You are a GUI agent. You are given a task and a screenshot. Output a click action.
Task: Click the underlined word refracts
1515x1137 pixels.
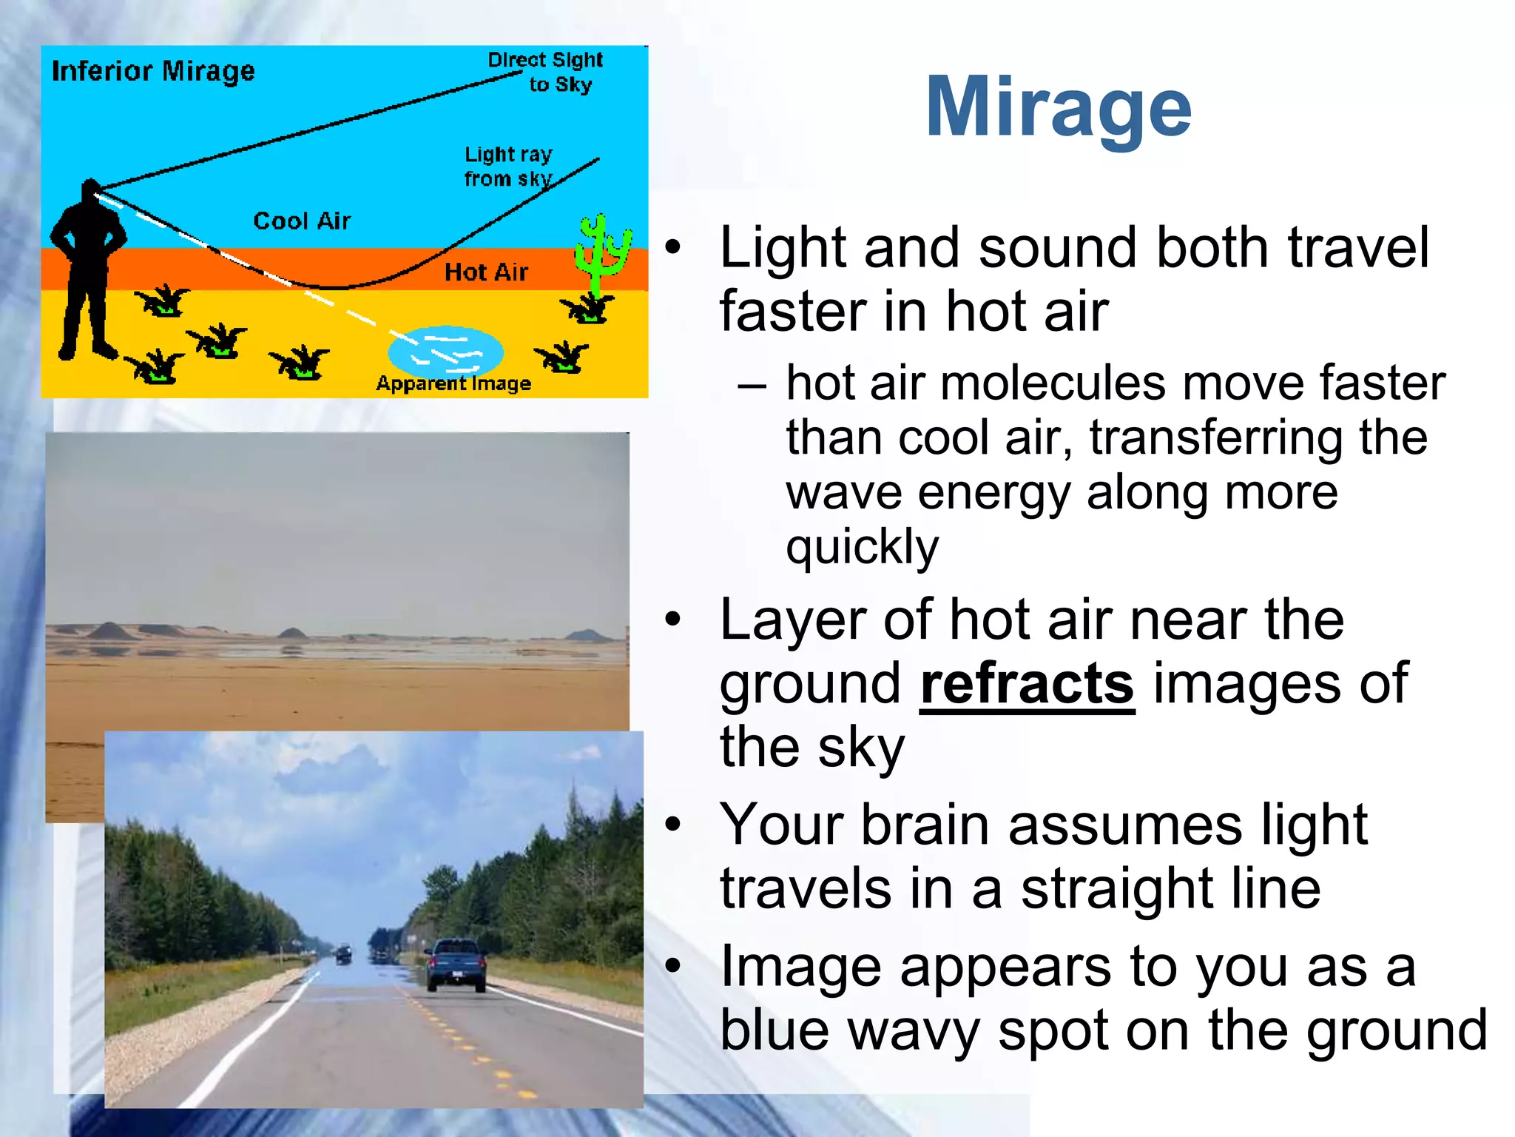1027,685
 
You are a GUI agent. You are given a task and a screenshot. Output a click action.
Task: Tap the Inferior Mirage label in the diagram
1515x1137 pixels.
153,72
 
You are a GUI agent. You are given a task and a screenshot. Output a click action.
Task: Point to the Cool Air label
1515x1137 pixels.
302,221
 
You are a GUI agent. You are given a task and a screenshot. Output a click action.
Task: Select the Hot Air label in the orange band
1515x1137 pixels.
486,272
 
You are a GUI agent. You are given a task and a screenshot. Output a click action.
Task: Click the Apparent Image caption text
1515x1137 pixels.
453,383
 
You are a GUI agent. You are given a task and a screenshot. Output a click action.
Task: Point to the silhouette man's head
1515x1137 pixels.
90,192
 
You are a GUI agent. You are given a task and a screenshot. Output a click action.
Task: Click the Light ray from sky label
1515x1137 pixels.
508,167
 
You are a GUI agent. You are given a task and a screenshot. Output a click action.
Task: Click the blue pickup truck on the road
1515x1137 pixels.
456,964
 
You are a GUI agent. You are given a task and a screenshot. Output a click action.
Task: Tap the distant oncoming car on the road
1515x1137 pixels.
343,953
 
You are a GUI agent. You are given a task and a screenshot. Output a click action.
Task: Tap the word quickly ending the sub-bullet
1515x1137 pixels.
862,548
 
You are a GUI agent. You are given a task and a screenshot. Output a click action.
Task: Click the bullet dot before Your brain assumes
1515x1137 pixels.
672,824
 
